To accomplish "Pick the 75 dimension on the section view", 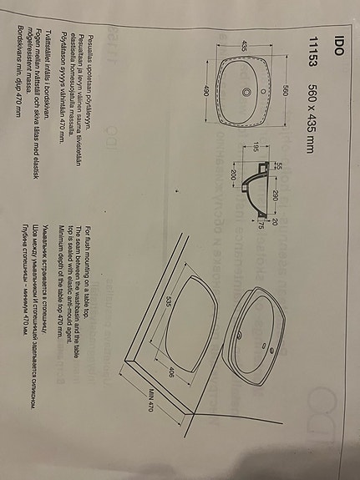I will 261,225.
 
